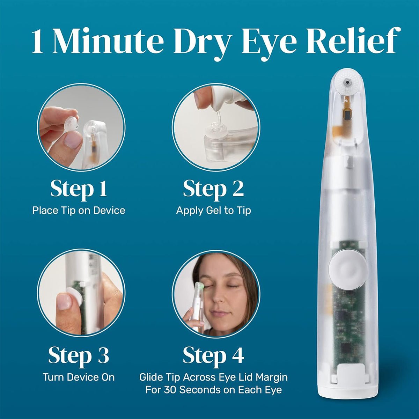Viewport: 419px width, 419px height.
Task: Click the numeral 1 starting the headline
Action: [38, 42]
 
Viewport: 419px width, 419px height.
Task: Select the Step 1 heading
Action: [79, 189]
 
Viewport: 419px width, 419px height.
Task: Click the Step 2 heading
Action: [213, 189]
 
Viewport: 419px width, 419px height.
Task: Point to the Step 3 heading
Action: [79, 356]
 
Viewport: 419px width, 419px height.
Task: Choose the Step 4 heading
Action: [213, 356]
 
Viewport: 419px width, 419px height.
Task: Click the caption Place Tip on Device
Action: [79, 210]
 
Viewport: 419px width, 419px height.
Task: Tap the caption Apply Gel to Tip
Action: [213, 211]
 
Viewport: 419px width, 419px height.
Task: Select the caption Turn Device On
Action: [79, 377]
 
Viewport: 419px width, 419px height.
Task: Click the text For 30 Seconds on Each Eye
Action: [213, 389]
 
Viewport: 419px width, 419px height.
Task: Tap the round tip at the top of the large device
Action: [347, 82]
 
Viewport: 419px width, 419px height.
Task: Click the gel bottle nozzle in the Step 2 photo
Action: [214, 117]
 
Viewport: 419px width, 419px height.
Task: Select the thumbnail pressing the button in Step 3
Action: [64, 301]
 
